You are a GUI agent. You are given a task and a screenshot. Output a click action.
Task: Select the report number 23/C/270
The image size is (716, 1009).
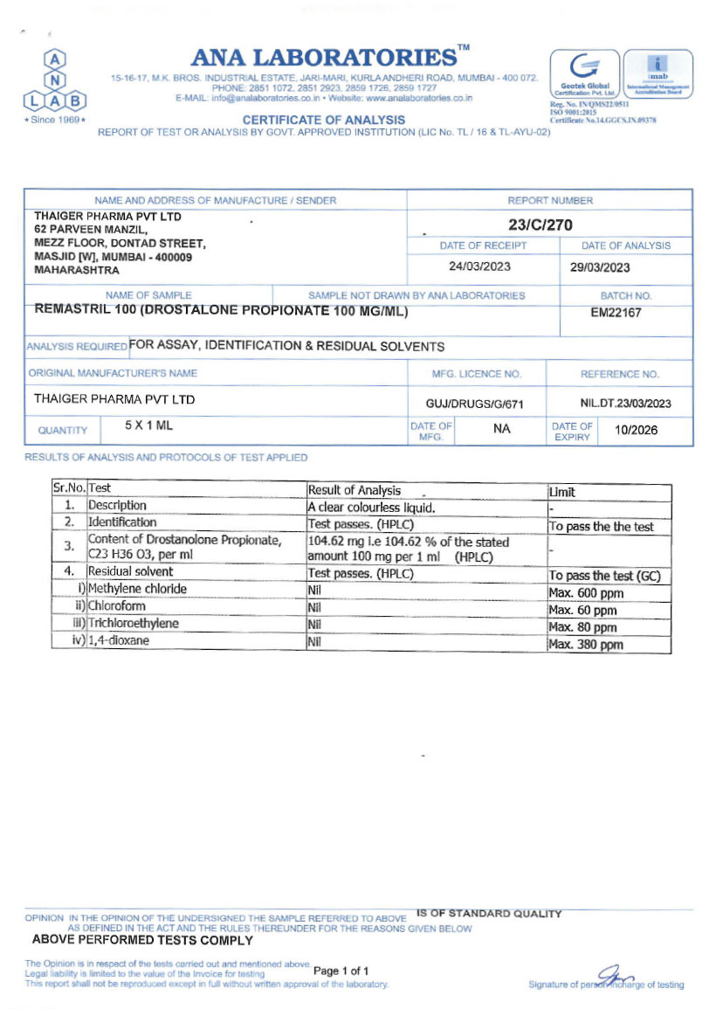(540, 225)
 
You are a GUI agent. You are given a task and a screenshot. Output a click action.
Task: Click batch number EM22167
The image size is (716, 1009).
(616, 313)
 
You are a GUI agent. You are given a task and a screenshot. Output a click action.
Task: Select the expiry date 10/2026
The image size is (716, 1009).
(637, 430)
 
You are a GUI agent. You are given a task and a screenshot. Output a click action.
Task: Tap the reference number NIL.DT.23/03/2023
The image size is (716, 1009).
(625, 404)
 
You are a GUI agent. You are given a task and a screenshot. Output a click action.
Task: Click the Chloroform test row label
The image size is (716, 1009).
(117, 606)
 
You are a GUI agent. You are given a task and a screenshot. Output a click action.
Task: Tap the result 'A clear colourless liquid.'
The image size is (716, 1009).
(371, 508)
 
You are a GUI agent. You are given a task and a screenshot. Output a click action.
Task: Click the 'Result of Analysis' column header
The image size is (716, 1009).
(355, 491)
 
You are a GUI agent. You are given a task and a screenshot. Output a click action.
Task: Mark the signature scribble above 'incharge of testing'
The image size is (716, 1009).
(615, 974)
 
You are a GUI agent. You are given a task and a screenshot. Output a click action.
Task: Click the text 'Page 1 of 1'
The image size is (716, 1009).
(341, 971)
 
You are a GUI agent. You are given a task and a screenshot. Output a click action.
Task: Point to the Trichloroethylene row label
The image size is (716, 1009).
(134, 624)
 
